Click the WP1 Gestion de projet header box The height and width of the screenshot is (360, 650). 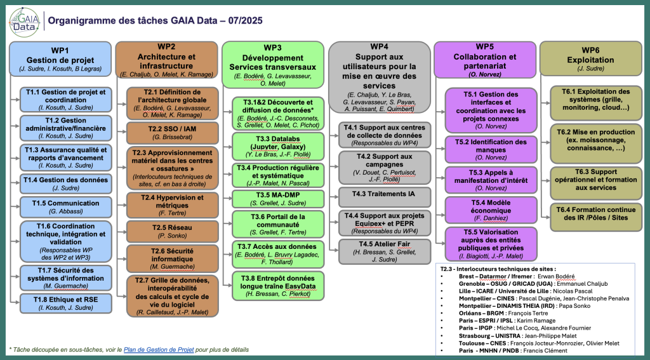point(60,58)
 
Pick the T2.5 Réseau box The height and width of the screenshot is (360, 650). point(171,231)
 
